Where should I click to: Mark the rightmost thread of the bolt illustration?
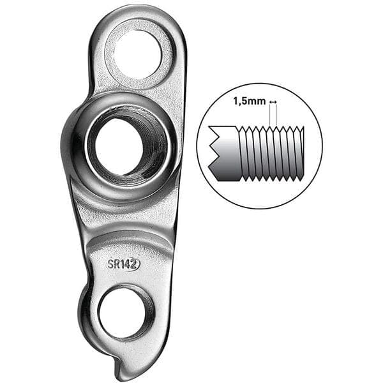[x=301, y=153]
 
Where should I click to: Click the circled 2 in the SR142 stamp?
[x=134, y=264]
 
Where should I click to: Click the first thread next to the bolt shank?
[x=243, y=153]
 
